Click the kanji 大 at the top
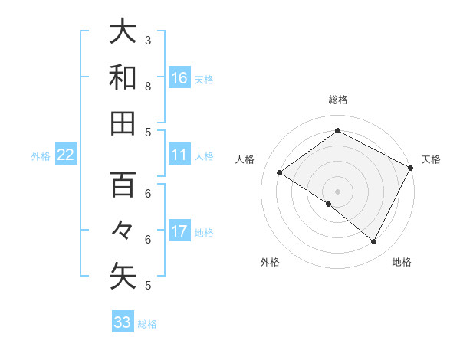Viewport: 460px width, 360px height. tap(123, 32)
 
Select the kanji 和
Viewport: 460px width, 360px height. tap(123, 77)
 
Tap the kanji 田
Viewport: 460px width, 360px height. tap(123, 123)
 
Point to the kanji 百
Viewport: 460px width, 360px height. tap(123, 185)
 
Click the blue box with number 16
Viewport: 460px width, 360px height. tap(179, 77)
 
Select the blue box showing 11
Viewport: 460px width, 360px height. tap(179, 155)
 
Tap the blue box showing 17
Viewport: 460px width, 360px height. tap(179, 231)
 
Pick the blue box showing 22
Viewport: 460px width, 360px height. tap(66, 155)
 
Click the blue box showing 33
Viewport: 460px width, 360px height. tap(123, 322)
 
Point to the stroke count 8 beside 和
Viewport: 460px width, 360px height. tap(148, 86)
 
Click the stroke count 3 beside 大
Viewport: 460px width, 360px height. tap(148, 40)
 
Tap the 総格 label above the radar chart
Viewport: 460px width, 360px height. tap(338, 100)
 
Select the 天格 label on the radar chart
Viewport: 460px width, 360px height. tap(431, 159)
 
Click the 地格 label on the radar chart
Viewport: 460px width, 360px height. tap(402, 262)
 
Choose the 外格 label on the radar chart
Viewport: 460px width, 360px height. tap(270, 262)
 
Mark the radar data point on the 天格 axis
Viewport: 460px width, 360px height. tap(410, 168)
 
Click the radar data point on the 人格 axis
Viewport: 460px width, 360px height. tap(280, 173)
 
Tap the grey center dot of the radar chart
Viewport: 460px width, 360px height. tap(338, 191)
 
